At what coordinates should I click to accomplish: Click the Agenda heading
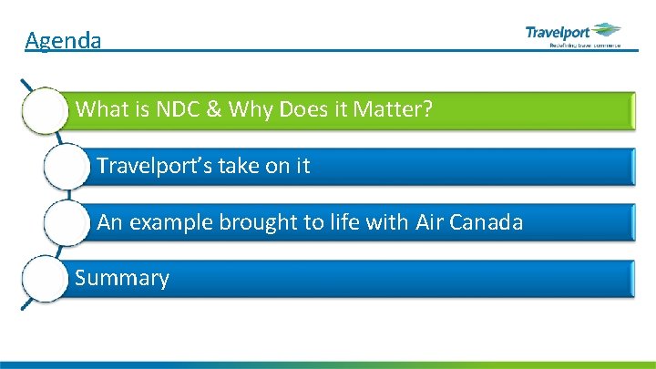[63, 40]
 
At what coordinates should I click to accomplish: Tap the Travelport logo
[573, 33]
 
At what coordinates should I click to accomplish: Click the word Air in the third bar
[429, 222]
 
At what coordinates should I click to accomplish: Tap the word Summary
[122, 278]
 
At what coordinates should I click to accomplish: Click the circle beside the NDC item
[46, 111]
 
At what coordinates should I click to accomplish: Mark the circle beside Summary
[45, 278]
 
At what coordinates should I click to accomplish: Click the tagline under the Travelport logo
[583, 44]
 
